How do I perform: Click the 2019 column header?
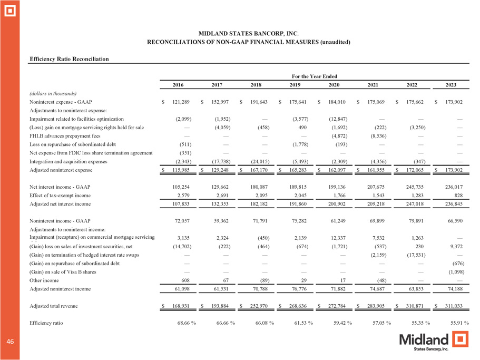(x=295, y=85)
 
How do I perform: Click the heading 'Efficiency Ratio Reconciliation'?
(x=69, y=59)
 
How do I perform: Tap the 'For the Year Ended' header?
(x=315, y=76)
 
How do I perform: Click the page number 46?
(x=10, y=342)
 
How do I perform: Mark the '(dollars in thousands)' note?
(x=54, y=93)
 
